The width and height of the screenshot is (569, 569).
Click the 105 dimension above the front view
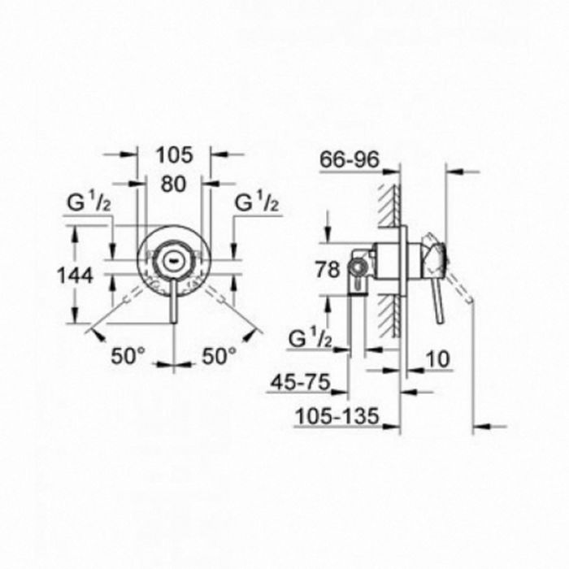(174, 156)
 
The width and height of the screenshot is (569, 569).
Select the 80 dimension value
(173, 184)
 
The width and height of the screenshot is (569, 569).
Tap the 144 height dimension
(76, 276)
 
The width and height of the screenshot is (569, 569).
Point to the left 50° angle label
(128, 356)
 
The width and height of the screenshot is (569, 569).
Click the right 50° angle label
(219, 356)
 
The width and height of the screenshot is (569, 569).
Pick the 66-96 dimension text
(350, 159)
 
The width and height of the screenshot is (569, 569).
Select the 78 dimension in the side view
(328, 270)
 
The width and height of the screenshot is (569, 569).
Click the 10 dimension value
(437, 359)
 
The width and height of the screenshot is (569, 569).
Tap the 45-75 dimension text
(302, 382)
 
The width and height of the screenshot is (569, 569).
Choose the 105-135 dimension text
(337, 416)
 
